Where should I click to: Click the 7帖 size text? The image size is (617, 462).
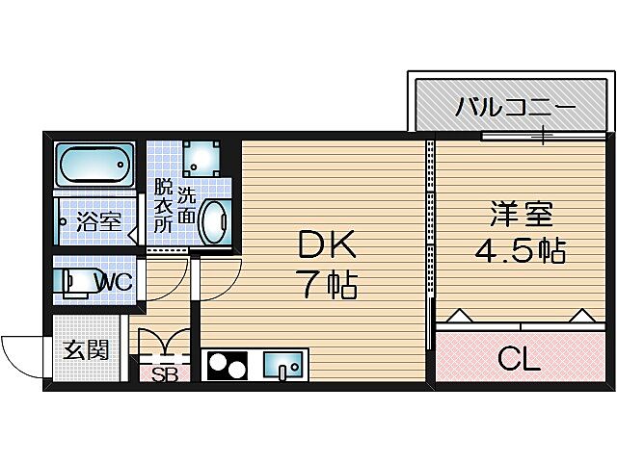tap(327, 285)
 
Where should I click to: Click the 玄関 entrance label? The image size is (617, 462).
tap(86, 349)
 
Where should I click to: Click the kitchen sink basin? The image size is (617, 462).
tap(283, 366)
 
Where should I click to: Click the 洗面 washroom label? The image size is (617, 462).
tap(185, 204)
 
